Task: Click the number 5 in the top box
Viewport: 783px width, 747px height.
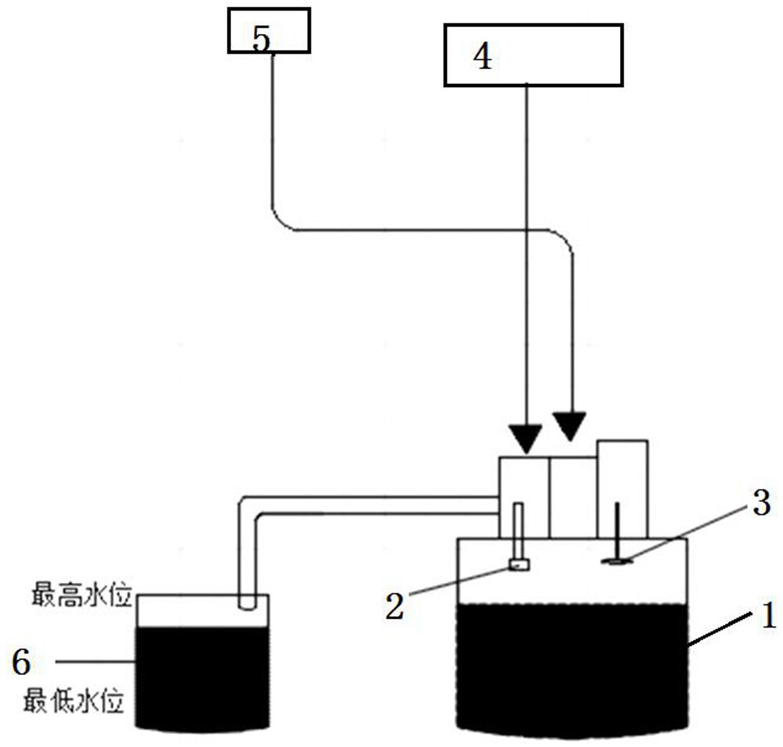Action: point(262,40)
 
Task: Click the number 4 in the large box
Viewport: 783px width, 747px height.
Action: point(482,57)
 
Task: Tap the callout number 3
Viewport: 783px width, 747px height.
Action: point(762,503)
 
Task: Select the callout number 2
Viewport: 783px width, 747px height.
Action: point(395,606)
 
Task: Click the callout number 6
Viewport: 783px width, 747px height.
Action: point(21,663)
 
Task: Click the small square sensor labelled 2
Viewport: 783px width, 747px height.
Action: point(518,565)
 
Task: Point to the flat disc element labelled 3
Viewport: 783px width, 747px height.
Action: point(617,561)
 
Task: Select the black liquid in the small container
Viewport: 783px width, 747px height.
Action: point(202,676)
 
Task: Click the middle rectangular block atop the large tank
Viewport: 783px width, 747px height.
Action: point(572,496)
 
